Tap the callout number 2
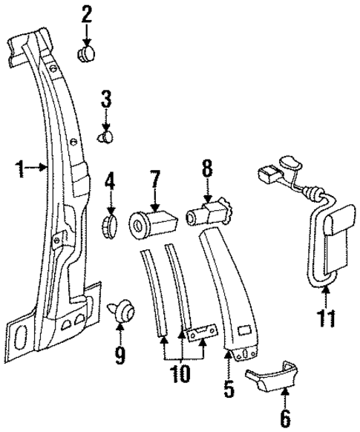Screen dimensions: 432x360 point(87,13)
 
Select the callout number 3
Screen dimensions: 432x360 point(106,97)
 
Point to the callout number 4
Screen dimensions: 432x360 point(110,180)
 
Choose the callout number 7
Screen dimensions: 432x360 point(154,180)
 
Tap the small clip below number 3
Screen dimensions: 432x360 point(108,137)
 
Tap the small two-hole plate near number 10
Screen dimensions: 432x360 point(201,334)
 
